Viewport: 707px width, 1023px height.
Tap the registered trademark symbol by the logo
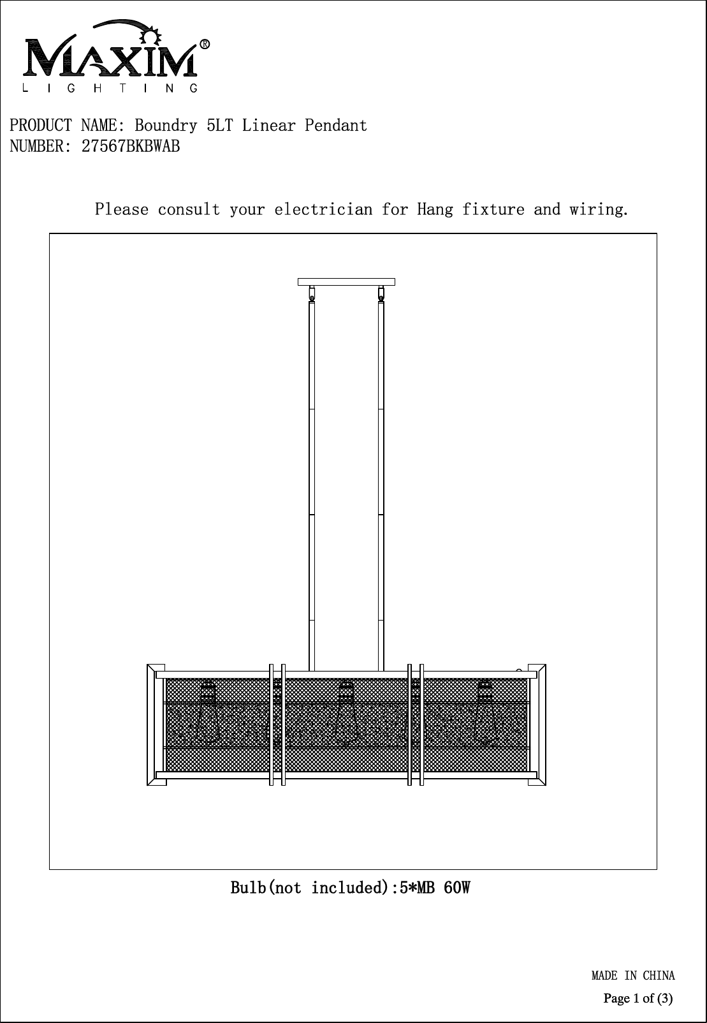coord(205,45)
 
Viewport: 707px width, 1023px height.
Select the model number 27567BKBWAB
coord(131,147)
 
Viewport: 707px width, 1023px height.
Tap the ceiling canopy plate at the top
coord(346,281)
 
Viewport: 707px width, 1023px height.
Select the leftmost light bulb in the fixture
coord(208,714)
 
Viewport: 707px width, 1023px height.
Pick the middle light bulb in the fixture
coord(346,714)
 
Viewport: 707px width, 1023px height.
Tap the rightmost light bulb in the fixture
coord(485,714)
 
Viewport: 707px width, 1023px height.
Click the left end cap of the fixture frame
coord(156,725)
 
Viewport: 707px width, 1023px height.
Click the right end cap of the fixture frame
coord(537,725)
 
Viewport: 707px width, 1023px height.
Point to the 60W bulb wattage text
coord(456,887)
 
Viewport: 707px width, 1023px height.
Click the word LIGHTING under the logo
coord(110,89)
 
